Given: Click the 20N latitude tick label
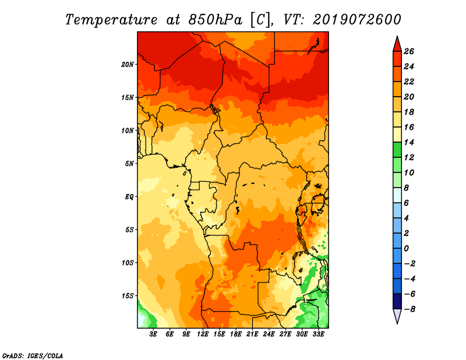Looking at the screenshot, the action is tap(127, 65).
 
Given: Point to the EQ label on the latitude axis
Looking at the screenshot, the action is tap(129, 197).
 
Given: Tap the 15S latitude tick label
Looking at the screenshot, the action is tap(128, 296).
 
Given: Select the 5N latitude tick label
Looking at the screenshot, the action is tap(129, 164).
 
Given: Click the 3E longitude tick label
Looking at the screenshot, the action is tap(153, 334).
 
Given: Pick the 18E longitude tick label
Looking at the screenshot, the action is tap(236, 334).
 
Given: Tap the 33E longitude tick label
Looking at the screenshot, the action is tap(318, 334).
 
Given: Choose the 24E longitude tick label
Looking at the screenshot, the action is tap(269, 334).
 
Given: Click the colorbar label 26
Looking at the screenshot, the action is tap(409, 51).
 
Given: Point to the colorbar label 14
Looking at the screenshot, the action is tap(409, 142).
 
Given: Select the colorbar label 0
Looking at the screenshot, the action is tap(406, 249).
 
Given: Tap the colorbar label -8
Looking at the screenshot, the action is tap(409, 309).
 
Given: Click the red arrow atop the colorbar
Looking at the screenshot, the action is tap(397, 45).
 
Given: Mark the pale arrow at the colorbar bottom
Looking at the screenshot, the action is tap(397, 316).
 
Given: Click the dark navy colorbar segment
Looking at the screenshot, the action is tap(397, 301).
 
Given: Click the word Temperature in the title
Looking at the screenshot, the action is tap(111, 20).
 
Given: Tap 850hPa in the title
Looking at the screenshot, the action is tap(215, 20).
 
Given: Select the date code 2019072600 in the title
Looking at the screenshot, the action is tap(356, 20).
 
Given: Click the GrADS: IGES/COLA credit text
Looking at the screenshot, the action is tap(33, 356).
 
